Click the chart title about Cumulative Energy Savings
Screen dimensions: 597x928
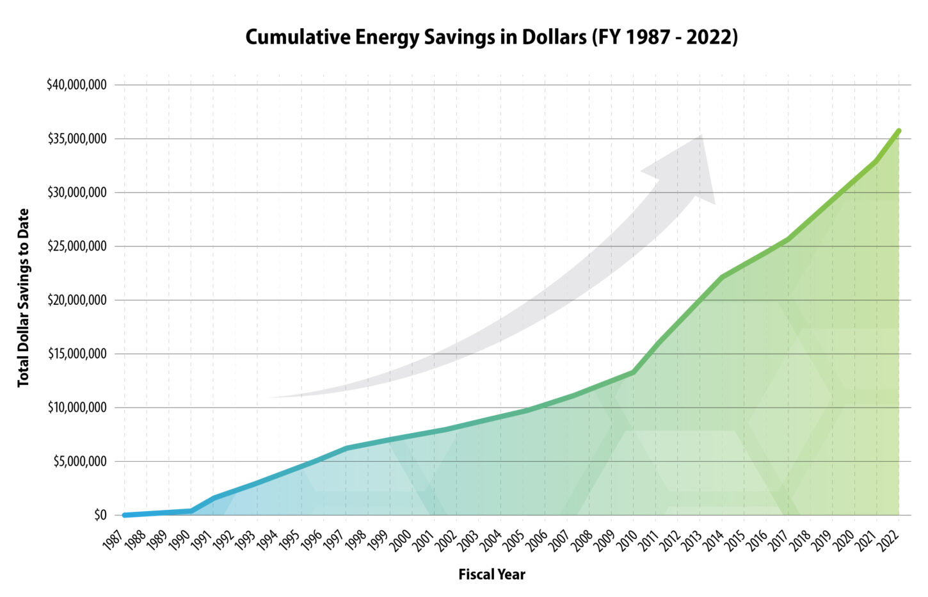click(x=492, y=37)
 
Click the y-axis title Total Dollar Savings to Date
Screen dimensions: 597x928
click(x=24, y=298)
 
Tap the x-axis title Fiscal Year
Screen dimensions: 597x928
click(x=492, y=575)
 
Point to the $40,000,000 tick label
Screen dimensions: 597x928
click(x=77, y=85)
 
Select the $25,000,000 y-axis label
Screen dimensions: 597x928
click(x=77, y=247)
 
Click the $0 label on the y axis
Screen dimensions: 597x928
click(x=100, y=515)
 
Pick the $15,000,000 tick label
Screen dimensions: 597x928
click(x=77, y=354)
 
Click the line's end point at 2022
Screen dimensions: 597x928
click(x=899, y=131)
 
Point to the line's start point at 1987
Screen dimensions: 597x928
click(x=124, y=515)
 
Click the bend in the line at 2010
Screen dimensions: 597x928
click(x=633, y=372)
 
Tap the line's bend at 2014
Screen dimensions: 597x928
click(x=721, y=277)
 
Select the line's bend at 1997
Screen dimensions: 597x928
click(x=346, y=448)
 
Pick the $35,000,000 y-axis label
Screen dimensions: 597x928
click(x=77, y=139)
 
